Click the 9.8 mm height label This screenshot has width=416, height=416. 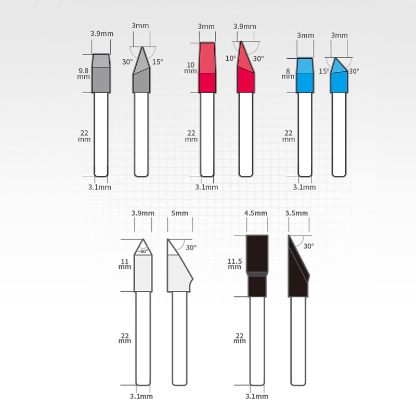click(x=84, y=74)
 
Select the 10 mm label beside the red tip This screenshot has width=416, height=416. click(x=190, y=68)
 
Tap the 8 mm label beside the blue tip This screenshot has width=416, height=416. click(x=288, y=74)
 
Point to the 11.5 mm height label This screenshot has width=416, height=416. click(x=235, y=264)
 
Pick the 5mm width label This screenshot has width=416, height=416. click(x=179, y=213)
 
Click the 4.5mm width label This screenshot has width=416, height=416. click(x=256, y=213)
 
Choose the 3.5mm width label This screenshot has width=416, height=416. click(x=296, y=213)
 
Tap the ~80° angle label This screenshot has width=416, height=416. click(x=142, y=251)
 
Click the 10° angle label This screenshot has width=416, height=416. click(x=231, y=58)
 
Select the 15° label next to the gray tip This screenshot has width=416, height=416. click(x=158, y=62)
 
